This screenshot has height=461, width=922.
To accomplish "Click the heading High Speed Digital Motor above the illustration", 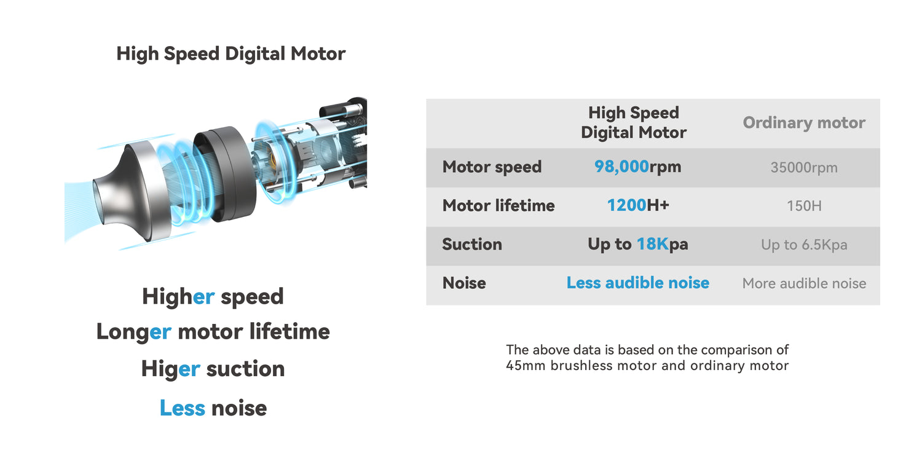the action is (x=231, y=54).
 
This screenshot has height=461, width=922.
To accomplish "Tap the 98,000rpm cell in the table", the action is (x=637, y=167).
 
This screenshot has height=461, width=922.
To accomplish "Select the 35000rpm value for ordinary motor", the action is (x=804, y=168).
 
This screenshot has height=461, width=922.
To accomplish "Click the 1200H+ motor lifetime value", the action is (x=638, y=205).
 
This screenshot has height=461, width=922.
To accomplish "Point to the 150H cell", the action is (x=804, y=206).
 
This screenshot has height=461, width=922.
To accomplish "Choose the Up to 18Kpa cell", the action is (x=637, y=244).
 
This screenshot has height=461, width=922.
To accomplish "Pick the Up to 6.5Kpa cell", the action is (x=804, y=245).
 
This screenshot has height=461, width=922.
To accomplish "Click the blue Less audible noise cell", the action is (x=637, y=283).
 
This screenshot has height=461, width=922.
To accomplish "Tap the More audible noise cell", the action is (x=804, y=283).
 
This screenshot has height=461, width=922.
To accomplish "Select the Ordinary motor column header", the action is (x=804, y=123).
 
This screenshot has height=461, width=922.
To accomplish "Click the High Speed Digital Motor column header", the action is (x=634, y=123).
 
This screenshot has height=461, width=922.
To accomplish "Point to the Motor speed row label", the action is (x=492, y=167).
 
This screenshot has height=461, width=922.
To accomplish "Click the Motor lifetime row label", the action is (x=498, y=205).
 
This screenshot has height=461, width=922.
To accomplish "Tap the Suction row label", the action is (x=472, y=244).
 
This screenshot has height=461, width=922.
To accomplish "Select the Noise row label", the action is (x=464, y=283).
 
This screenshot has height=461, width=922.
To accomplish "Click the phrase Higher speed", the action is (x=213, y=297).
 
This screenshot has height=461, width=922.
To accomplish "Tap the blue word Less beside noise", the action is (x=183, y=408).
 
